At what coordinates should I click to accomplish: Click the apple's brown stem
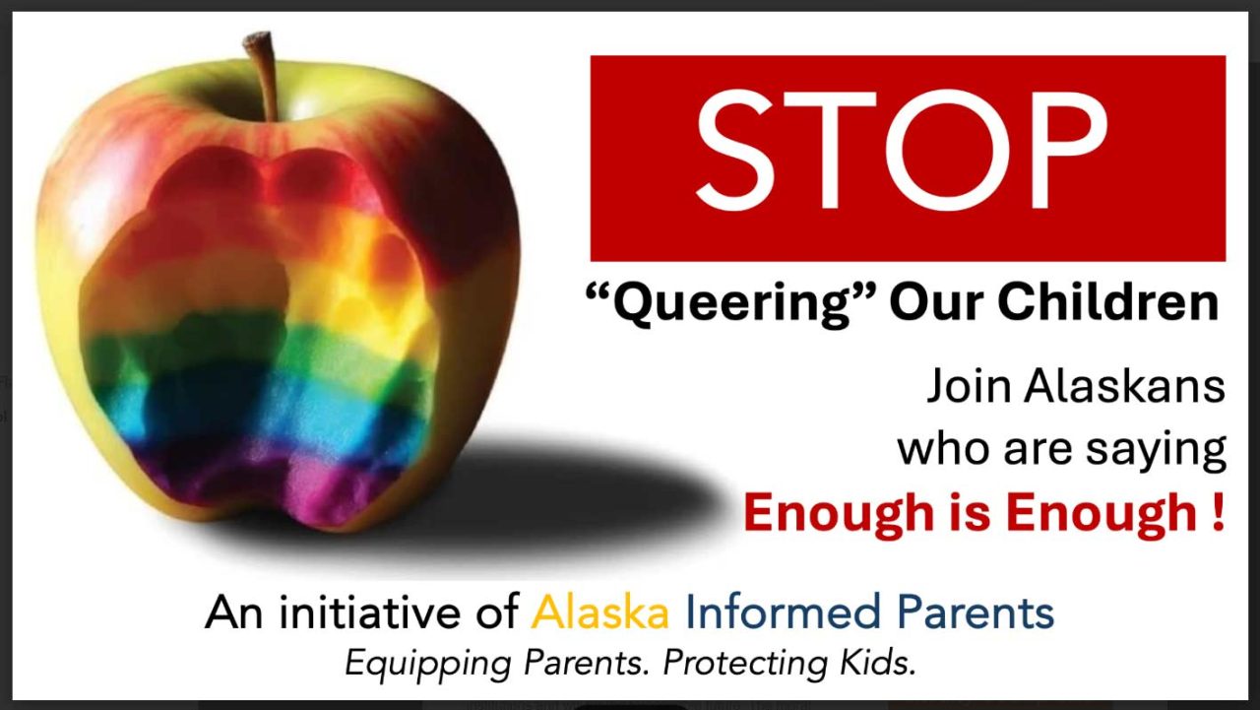pyautogui.click(x=263, y=73)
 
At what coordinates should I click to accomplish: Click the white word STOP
pyautogui.click(x=903, y=151)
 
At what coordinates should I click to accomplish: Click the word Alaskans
pyautogui.click(x=1124, y=385)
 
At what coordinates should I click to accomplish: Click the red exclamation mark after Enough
pyautogui.click(x=1219, y=511)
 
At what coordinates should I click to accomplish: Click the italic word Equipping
pyautogui.click(x=428, y=665)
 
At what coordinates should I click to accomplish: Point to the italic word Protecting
pyautogui.click(x=745, y=665)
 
